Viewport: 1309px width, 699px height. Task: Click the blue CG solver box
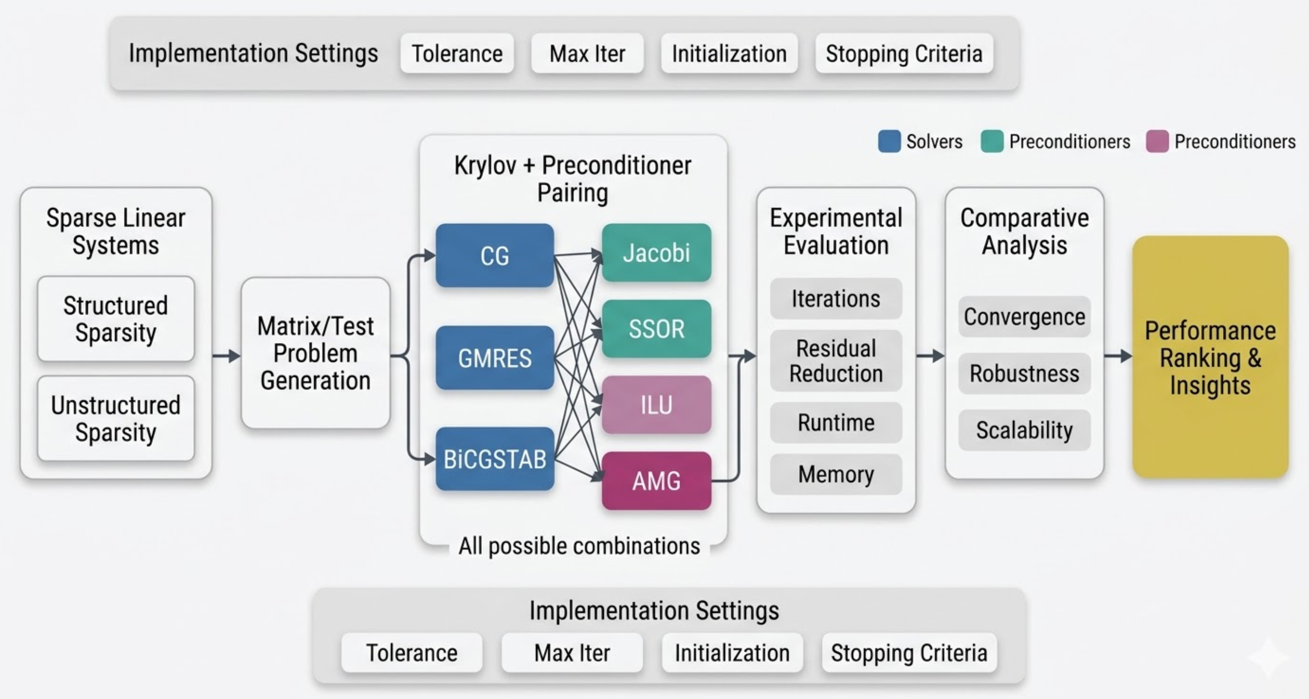[x=494, y=256]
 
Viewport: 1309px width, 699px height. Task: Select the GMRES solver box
[x=494, y=358]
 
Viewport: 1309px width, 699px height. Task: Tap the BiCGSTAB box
[x=494, y=459]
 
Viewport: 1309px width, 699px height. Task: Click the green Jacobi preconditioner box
[x=656, y=253]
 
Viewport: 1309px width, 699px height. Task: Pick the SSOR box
[x=656, y=329]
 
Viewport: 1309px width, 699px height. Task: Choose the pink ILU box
[x=656, y=405]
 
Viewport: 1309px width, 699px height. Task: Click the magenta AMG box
[x=656, y=481]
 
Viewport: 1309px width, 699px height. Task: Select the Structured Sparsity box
[x=116, y=319]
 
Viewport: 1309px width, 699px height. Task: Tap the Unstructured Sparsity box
[x=116, y=419]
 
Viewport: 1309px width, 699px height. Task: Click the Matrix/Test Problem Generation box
[x=316, y=353]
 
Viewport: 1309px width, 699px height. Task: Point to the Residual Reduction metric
[x=836, y=361]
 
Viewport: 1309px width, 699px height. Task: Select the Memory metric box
[x=836, y=474]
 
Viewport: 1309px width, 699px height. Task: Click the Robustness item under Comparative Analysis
[x=1024, y=374]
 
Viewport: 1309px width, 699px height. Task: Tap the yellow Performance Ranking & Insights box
[x=1210, y=357]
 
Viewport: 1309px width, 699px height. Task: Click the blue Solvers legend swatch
[x=889, y=141]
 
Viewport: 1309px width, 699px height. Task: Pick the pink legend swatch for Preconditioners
[x=1157, y=141]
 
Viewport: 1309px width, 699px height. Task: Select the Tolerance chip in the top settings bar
[x=457, y=54]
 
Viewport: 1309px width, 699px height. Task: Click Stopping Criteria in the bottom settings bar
[x=909, y=653]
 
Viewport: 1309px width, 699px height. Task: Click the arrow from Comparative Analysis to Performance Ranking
[x=1117, y=355]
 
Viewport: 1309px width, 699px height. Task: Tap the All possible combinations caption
[x=579, y=546]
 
